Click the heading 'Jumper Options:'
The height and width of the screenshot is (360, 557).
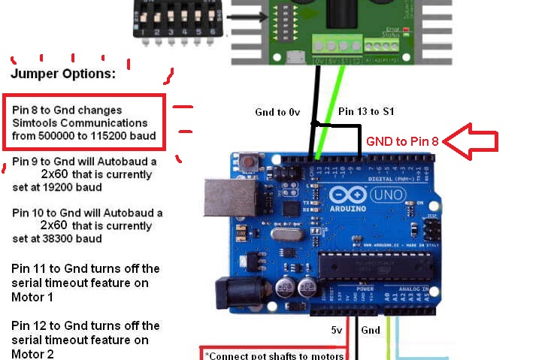coord(63,74)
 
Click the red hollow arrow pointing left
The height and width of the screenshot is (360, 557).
coord(471,141)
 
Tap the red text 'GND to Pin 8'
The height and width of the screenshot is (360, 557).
coord(402,141)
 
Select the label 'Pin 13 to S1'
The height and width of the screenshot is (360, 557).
coord(367,111)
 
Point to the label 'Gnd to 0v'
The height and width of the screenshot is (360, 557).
coord(277,112)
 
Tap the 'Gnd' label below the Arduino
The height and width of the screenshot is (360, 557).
coord(371,329)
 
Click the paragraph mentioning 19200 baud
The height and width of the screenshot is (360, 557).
coord(86,174)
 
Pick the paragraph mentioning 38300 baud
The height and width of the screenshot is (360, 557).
coord(86,225)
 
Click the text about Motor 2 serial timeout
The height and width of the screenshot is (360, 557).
coord(86,339)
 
